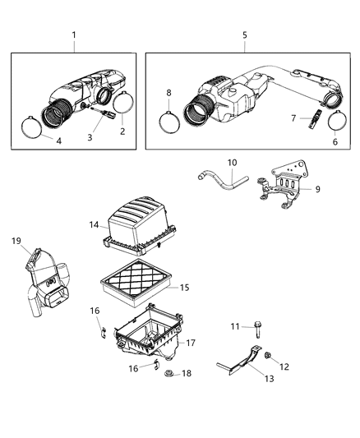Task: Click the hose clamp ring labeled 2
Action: (x=123, y=103)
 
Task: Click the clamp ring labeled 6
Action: (x=337, y=120)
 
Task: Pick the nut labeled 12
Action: (x=268, y=354)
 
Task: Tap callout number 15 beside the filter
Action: (x=185, y=287)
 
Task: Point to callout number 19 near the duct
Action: (x=16, y=241)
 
